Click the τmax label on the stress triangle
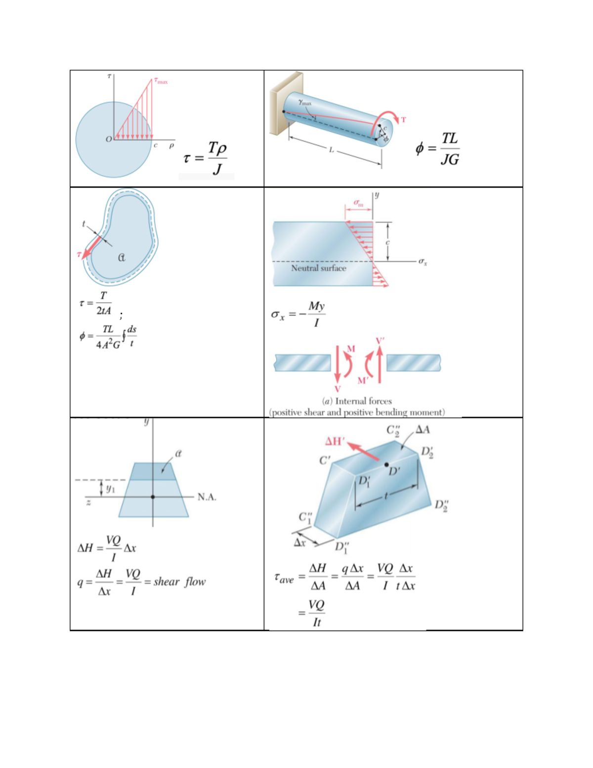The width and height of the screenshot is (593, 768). [x=161, y=81]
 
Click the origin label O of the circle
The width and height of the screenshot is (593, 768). [x=109, y=139]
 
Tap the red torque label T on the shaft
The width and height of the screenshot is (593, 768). [x=403, y=120]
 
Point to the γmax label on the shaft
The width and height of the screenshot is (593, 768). [x=305, y=102]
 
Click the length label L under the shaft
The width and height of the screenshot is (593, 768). [x=332, y=149]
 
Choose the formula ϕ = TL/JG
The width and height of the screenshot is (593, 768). [x=438, y=148]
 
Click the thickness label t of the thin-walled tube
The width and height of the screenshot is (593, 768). [x=84, y=224]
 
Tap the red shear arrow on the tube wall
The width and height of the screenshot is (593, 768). [x=91, y=247]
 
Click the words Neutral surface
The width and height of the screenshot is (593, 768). [x=318, y=268]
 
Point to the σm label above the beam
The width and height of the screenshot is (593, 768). [x=358, y=203]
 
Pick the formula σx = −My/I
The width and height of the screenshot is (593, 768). [x=298, y=314]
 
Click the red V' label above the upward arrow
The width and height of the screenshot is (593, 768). [x=380, y=341]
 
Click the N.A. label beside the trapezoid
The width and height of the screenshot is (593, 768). [x=207, y=497]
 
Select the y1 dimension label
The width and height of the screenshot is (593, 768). [x=110, y=489]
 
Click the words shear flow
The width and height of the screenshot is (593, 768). [x=179, y=582]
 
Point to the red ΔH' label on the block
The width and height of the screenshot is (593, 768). [x=335, y=441]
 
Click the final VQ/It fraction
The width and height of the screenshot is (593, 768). [x=316, y=613]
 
